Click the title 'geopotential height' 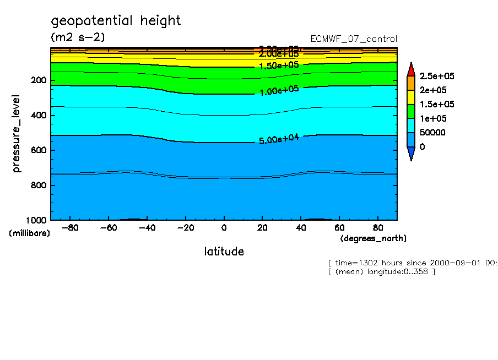116,21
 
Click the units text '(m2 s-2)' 78,37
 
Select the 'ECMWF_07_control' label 354,39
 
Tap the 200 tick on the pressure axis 39,80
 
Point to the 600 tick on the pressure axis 39,150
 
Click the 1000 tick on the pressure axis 37,220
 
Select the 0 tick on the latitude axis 224,227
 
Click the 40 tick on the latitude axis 301,227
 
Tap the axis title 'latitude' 224,252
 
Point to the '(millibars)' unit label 29,233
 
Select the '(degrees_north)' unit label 373,238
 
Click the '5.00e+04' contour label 279,139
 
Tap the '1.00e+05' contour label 279,90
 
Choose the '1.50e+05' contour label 279,65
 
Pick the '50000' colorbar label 432,133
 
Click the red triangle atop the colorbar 411,70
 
